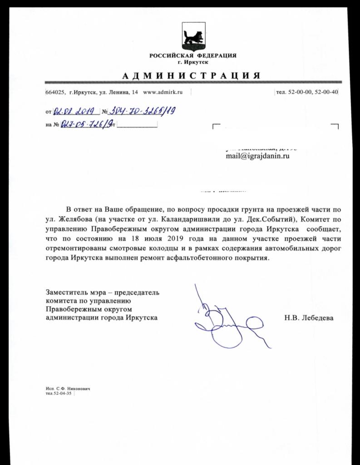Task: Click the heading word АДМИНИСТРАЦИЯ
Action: point(192,75)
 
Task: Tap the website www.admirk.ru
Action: point(163,92)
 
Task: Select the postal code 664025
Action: point(54,92)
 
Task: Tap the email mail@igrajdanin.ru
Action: point(257,156)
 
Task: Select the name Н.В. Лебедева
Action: point(309,318)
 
